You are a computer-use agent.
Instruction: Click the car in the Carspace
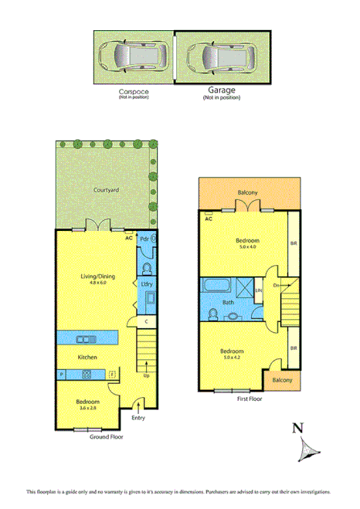133,57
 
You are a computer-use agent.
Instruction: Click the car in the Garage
220,57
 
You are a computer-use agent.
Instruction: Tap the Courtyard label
105,188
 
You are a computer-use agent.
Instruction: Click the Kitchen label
86,358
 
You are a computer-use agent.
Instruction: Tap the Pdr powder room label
144,239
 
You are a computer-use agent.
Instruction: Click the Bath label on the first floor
228,303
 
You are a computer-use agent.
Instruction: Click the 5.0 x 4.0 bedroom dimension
248,246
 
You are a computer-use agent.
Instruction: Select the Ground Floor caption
106,436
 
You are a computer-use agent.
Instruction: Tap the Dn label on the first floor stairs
276,286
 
